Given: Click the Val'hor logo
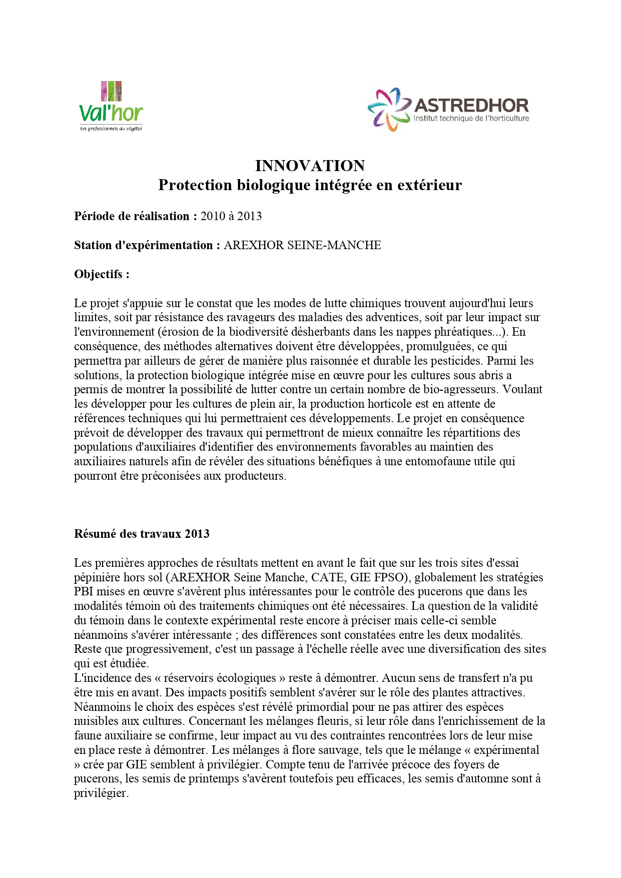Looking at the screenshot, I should click(111, 107).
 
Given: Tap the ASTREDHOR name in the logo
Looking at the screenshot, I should click(471, 106).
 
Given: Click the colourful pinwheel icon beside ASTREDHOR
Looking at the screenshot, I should click(388, 110).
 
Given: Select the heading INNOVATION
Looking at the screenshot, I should click(310, 166).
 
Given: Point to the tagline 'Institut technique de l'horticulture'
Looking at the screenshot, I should click(471, 119).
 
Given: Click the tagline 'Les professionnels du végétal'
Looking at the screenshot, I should click(111, 129).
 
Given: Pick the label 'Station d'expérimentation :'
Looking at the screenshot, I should click(147, 245).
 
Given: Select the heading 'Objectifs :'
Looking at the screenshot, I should click(102, 274).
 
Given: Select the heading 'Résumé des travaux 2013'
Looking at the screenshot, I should click(142, 534).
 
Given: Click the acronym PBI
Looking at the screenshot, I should click(84, 592).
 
